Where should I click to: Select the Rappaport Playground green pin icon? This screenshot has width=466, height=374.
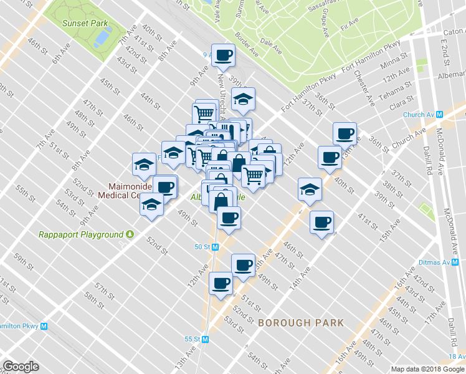click(x=130, y=234)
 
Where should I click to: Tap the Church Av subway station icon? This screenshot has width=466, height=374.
click(x=439, y=114)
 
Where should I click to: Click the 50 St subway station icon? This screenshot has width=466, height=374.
click(x=216, y=247)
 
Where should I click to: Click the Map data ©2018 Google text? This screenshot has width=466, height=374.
click(x=427, y=369)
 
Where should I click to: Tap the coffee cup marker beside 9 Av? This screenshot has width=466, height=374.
click(x=224, y=55)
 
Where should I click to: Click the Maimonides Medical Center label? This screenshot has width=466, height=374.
click(x=125, y=190)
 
